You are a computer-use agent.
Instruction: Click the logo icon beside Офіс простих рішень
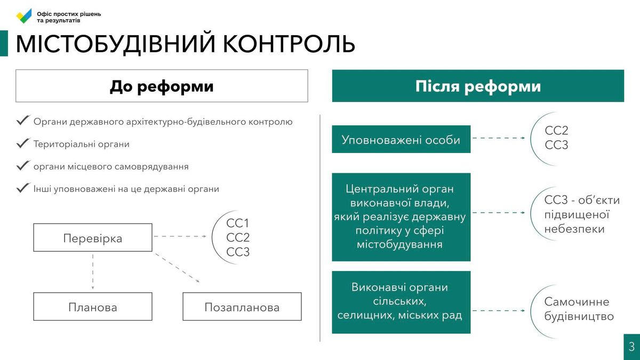click(x=24, y=17)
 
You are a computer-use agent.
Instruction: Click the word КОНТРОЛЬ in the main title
click(x=289, y=44)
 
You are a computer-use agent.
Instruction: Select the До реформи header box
click(x=162, y=86)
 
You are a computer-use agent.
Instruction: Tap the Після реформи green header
click(x=478, y=86)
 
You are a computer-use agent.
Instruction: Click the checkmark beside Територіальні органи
click(x=23, y=143)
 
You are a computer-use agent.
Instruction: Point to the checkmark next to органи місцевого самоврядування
click(x=23, y=166)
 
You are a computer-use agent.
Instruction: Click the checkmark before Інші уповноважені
click(x=23, y=188)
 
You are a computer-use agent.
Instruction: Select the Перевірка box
click(x=93, y=238)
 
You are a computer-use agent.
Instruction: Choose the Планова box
click(x=93, y=307)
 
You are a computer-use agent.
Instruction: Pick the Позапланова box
click(x=242, y=307)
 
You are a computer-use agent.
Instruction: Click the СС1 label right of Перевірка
click(x=237, y=223)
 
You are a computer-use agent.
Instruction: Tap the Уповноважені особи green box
click(x=401, y=139)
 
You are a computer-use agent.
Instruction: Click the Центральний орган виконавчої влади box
click(x=401, y=217)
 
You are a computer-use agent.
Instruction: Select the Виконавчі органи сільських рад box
click(x=401, y=302)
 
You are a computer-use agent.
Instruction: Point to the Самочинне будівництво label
click(x=579, y=309)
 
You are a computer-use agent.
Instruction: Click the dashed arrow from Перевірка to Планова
click(x=93, y=271)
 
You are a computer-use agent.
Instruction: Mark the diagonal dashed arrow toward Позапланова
click(x=177, y=268)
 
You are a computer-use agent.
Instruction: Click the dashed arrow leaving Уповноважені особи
click(x=499, y=138)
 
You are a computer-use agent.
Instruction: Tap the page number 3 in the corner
click(x=631, y=347)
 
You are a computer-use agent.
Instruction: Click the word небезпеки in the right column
click(x=574, y=229)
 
